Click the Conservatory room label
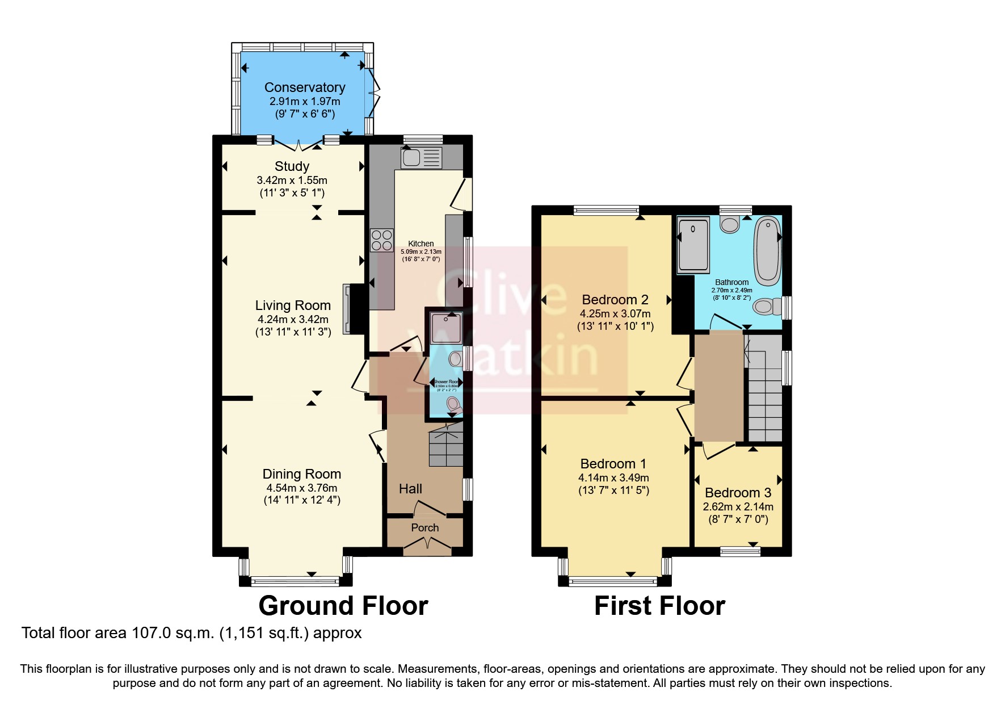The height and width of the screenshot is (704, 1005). [305, 87]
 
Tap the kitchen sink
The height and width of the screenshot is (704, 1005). [421, 157]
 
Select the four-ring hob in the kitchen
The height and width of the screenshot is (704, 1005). [381, 240]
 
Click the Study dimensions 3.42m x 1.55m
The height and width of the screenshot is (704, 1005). [292, 181]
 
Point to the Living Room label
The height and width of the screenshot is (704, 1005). [292, 305]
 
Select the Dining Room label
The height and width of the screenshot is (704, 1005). [301, 474]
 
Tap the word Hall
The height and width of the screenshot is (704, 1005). [410, 489]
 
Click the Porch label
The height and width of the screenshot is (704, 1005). [424, 527]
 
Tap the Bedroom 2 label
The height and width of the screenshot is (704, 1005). [615, 300]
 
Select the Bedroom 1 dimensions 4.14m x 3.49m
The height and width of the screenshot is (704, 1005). [613, 478]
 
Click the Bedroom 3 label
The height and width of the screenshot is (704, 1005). [738, 493]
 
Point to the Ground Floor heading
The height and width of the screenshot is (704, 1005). [343, 606]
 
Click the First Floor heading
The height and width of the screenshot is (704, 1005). [659, 606]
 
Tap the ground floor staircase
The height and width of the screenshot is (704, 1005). [446, 449]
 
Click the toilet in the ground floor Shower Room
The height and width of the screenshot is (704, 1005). [453, 404]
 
